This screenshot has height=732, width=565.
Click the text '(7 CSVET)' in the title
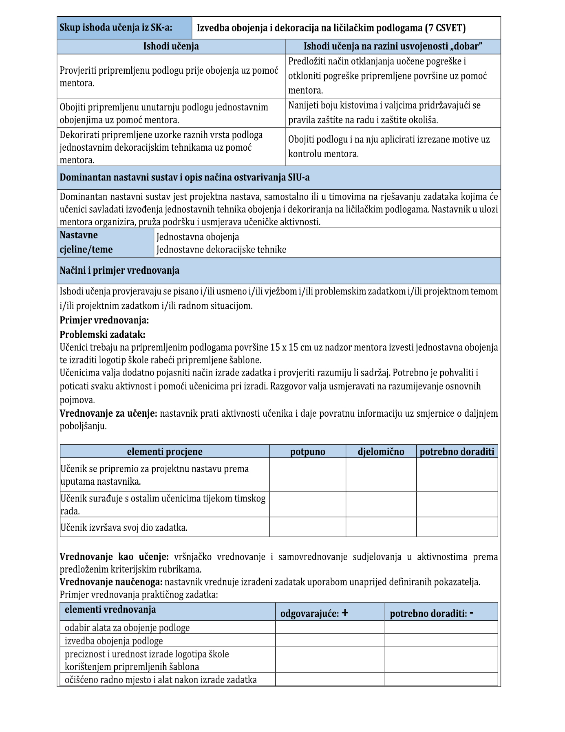(x=445, y=28)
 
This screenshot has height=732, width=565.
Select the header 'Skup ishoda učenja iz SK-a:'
(x=116, y=28)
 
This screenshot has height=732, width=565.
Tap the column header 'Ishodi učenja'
(x=171, y=46)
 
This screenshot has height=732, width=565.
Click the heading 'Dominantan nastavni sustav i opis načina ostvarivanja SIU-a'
(x=184, y=178)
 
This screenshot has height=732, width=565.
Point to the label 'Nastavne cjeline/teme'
(x=86, y=242)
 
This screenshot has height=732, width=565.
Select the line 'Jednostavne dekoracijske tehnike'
(x=221, y=250)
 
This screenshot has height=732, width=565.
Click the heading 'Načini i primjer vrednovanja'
(x=119, y=271)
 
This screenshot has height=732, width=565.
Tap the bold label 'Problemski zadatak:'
(x=102, y=335)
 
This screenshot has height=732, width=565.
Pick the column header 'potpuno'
(x=308, y=452)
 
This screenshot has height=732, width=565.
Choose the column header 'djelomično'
(x=381, y=452)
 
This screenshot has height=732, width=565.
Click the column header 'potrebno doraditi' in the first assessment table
(x=457, y=452)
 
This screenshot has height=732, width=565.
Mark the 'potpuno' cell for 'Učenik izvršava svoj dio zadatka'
(x=308, y=528)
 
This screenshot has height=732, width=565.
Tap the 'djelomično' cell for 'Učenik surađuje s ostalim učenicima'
(x=381, y=505)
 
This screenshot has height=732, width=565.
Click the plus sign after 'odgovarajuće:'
(x=345, y=613)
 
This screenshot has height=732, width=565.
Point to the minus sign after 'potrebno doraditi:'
(x=472, y=613)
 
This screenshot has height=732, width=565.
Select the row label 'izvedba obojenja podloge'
(x=114, y=641)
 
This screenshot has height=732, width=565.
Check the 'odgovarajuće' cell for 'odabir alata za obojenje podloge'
(x=330, y=628)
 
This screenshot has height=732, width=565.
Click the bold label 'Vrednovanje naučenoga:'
(x=111, y=582)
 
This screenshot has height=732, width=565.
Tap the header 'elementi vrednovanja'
(x=110, y=610)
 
